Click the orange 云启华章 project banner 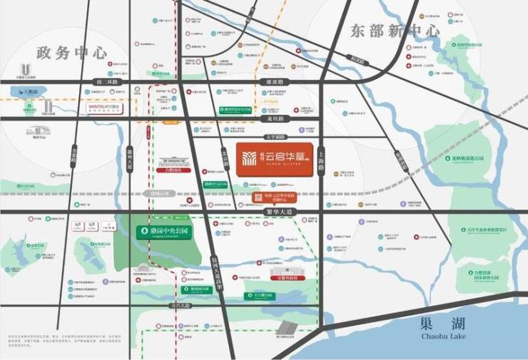tap(273, 158)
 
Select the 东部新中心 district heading tap(394, 31)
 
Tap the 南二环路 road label tap(108, 83)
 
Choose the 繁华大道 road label tap(288, 212)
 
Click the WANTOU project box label tap(104, 106)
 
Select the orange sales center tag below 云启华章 tap(270, 198)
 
